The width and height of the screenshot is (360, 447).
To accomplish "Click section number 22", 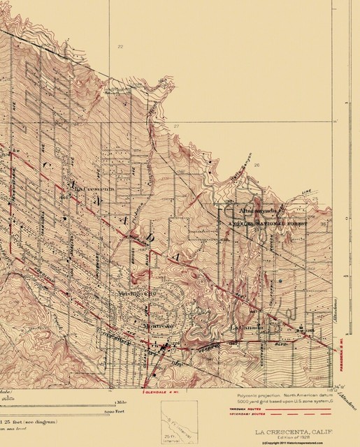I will pyautogui.click(x=120, y=47).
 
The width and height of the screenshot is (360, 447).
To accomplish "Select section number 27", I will pyautogui.click(x=177, y=126).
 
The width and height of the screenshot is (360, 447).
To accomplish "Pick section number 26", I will pyautogui.click(x=257, y=165).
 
